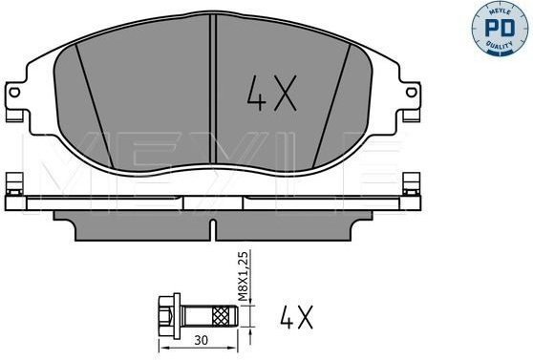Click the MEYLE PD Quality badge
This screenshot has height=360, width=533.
click(x=501, y=29)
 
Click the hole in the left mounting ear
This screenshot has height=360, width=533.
click(x=14, y=92)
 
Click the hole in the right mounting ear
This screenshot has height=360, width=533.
click(x=412, y=92)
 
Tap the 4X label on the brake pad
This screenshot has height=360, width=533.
click(x=271, y=94)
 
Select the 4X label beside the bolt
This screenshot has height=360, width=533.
click(x=296, y=317)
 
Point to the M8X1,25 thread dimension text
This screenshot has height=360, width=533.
click(x=244, y=276)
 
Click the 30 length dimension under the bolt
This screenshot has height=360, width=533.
click(x=201, y=340)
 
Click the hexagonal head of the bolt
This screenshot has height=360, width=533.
click(x=166, y=316)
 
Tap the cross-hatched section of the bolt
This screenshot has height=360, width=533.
click(x=221, y=316)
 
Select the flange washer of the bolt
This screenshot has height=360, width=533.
click(x=177, y=316)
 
